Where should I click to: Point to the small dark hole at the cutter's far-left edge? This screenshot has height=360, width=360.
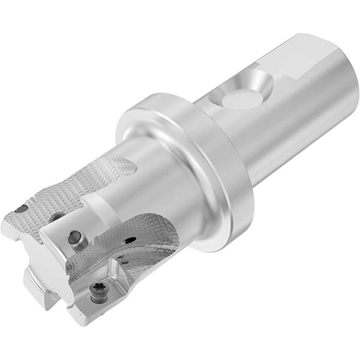point(20,209)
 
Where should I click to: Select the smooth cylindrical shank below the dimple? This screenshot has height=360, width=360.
point(282,138)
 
